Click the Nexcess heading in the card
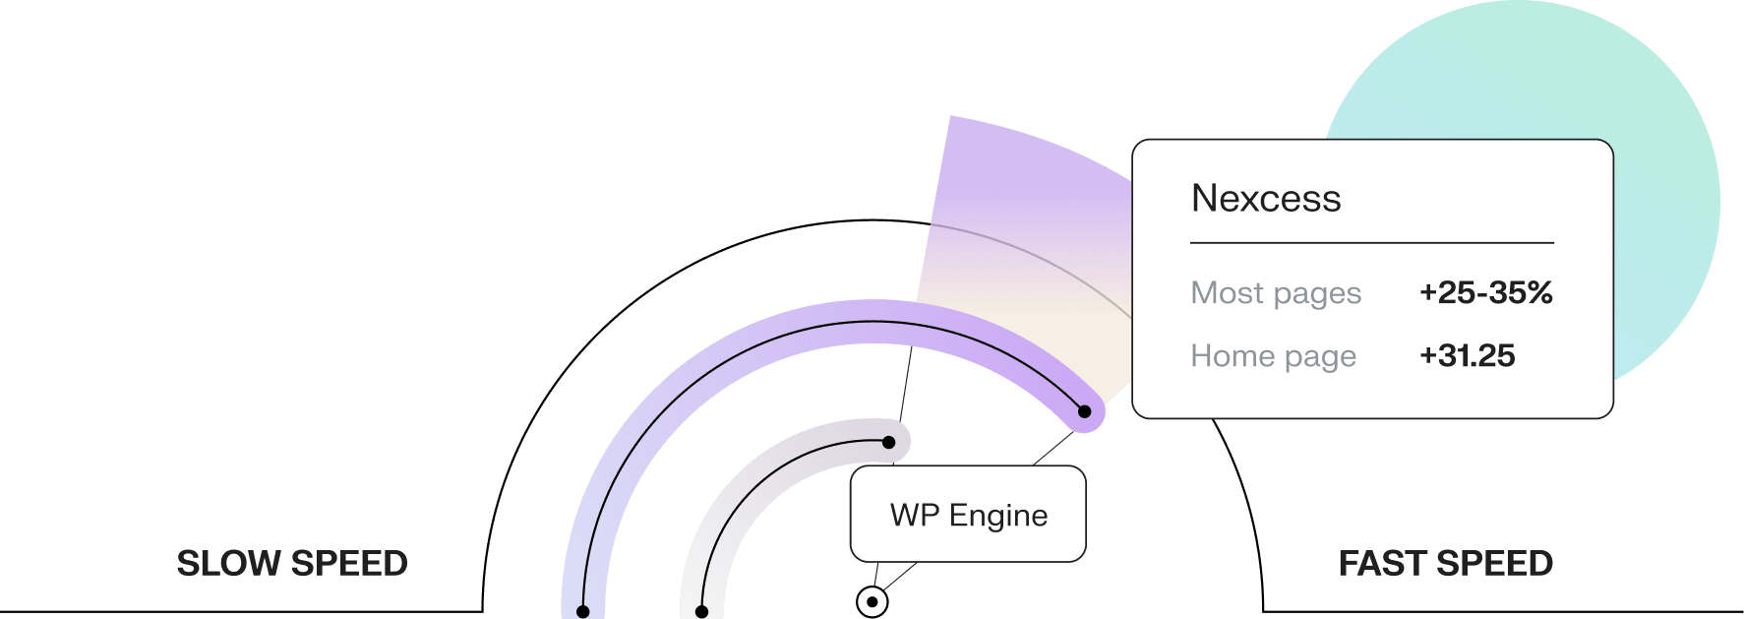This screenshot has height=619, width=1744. pos(1266,199)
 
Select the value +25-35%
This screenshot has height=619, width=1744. pos(1485,292)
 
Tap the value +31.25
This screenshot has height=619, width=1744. pos(1467,355)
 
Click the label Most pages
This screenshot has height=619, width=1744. pos(1276,293)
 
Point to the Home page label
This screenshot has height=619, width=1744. pos(1274,356)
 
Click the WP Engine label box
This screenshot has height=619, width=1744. pos(968,514)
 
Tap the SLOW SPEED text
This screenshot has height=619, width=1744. pos(292,564)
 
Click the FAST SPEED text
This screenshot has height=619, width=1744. pos(1446,564)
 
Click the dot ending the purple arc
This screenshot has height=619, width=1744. pos(1084,411)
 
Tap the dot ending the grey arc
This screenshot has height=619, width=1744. pos(888,442)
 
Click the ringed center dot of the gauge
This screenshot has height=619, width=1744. pos(872,601)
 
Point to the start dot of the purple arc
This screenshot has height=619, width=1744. pos(582,612)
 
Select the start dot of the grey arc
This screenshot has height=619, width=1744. pos(701,612)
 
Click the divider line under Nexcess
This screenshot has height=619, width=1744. pos(1372,242)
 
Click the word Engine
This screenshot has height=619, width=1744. pos(998,516)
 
